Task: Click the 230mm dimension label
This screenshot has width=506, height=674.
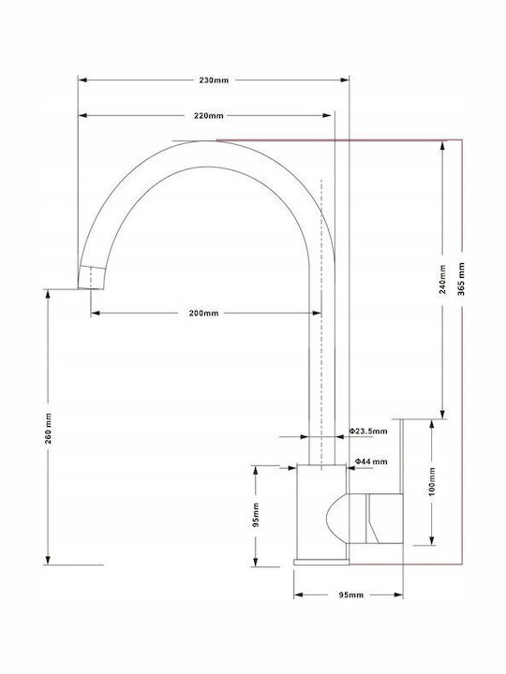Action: tap(214, 80)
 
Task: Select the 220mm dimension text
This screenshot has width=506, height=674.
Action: tap(209, 116)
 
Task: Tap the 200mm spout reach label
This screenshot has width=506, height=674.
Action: tap(203, 313)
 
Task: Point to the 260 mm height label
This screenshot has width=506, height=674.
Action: tap(48, 429)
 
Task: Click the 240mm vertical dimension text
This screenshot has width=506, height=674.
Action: tap(442, 279)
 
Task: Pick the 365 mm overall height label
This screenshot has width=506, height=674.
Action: tap(462, 279)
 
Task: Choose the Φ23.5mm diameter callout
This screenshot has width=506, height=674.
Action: tap(368, 432)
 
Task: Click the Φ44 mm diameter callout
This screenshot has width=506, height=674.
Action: tap(371, 462)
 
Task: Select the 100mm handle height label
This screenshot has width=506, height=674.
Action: tap(432, 481)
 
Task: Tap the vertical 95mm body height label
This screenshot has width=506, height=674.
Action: tap(256, 515)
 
